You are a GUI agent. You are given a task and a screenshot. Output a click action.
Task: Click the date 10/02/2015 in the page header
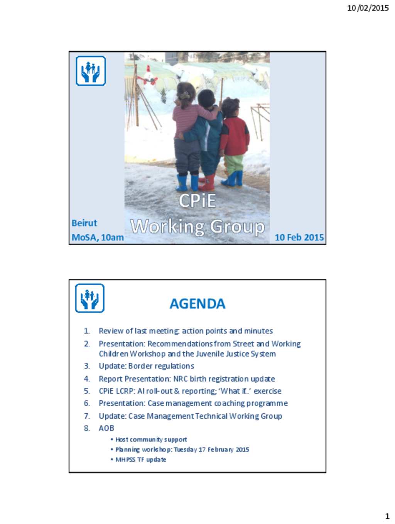368,8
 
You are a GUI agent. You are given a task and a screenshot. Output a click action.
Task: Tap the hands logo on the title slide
91,71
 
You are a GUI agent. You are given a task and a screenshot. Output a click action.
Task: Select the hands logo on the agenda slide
90,298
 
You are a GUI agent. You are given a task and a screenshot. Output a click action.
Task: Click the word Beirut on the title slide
84,223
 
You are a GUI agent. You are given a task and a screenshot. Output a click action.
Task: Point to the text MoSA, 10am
98,237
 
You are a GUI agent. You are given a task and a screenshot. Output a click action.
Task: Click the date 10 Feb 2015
299,237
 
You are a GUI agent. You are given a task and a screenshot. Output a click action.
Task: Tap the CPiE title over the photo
197,201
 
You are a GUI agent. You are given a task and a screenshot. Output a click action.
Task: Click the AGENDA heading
197,303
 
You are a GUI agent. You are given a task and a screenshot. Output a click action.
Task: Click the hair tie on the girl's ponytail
184,96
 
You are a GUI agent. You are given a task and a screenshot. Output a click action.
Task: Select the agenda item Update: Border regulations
146,366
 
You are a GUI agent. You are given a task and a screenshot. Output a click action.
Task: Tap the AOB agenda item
106,428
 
